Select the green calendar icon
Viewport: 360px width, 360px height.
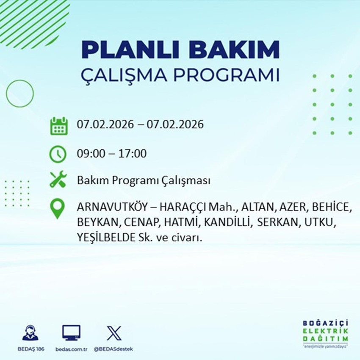pos(59,125)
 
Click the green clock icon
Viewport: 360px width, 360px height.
pos(58,153)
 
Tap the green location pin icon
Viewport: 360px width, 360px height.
pos(58,209)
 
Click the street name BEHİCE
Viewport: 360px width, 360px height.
pos(333,208)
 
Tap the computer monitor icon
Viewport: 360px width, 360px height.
pos(72,333)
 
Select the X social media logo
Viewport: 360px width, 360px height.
pos(114,333)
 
